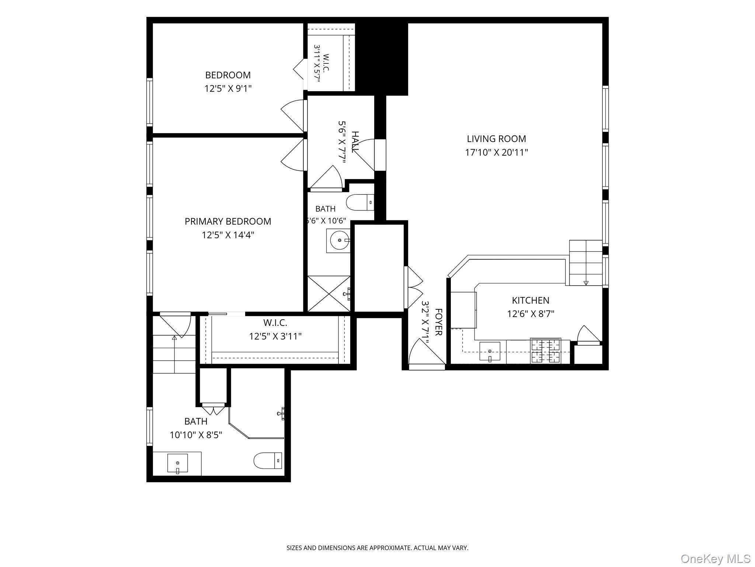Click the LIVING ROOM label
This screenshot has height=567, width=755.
pos(496,139)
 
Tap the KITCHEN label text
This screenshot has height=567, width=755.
pos(530,300)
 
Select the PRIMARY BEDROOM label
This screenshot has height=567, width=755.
pos(228,221)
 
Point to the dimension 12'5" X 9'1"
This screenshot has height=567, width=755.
pos(228,89)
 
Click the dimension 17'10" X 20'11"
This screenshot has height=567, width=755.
pos(497,152)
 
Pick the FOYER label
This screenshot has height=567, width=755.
pos(438,322)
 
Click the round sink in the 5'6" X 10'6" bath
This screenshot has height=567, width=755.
pos(339,241)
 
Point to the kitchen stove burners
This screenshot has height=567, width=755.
pos(546,351)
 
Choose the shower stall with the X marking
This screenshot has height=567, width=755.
pos(329,294)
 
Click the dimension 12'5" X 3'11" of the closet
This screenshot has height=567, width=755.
pos(275,336)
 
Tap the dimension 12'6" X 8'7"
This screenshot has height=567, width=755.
pos(531,314)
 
